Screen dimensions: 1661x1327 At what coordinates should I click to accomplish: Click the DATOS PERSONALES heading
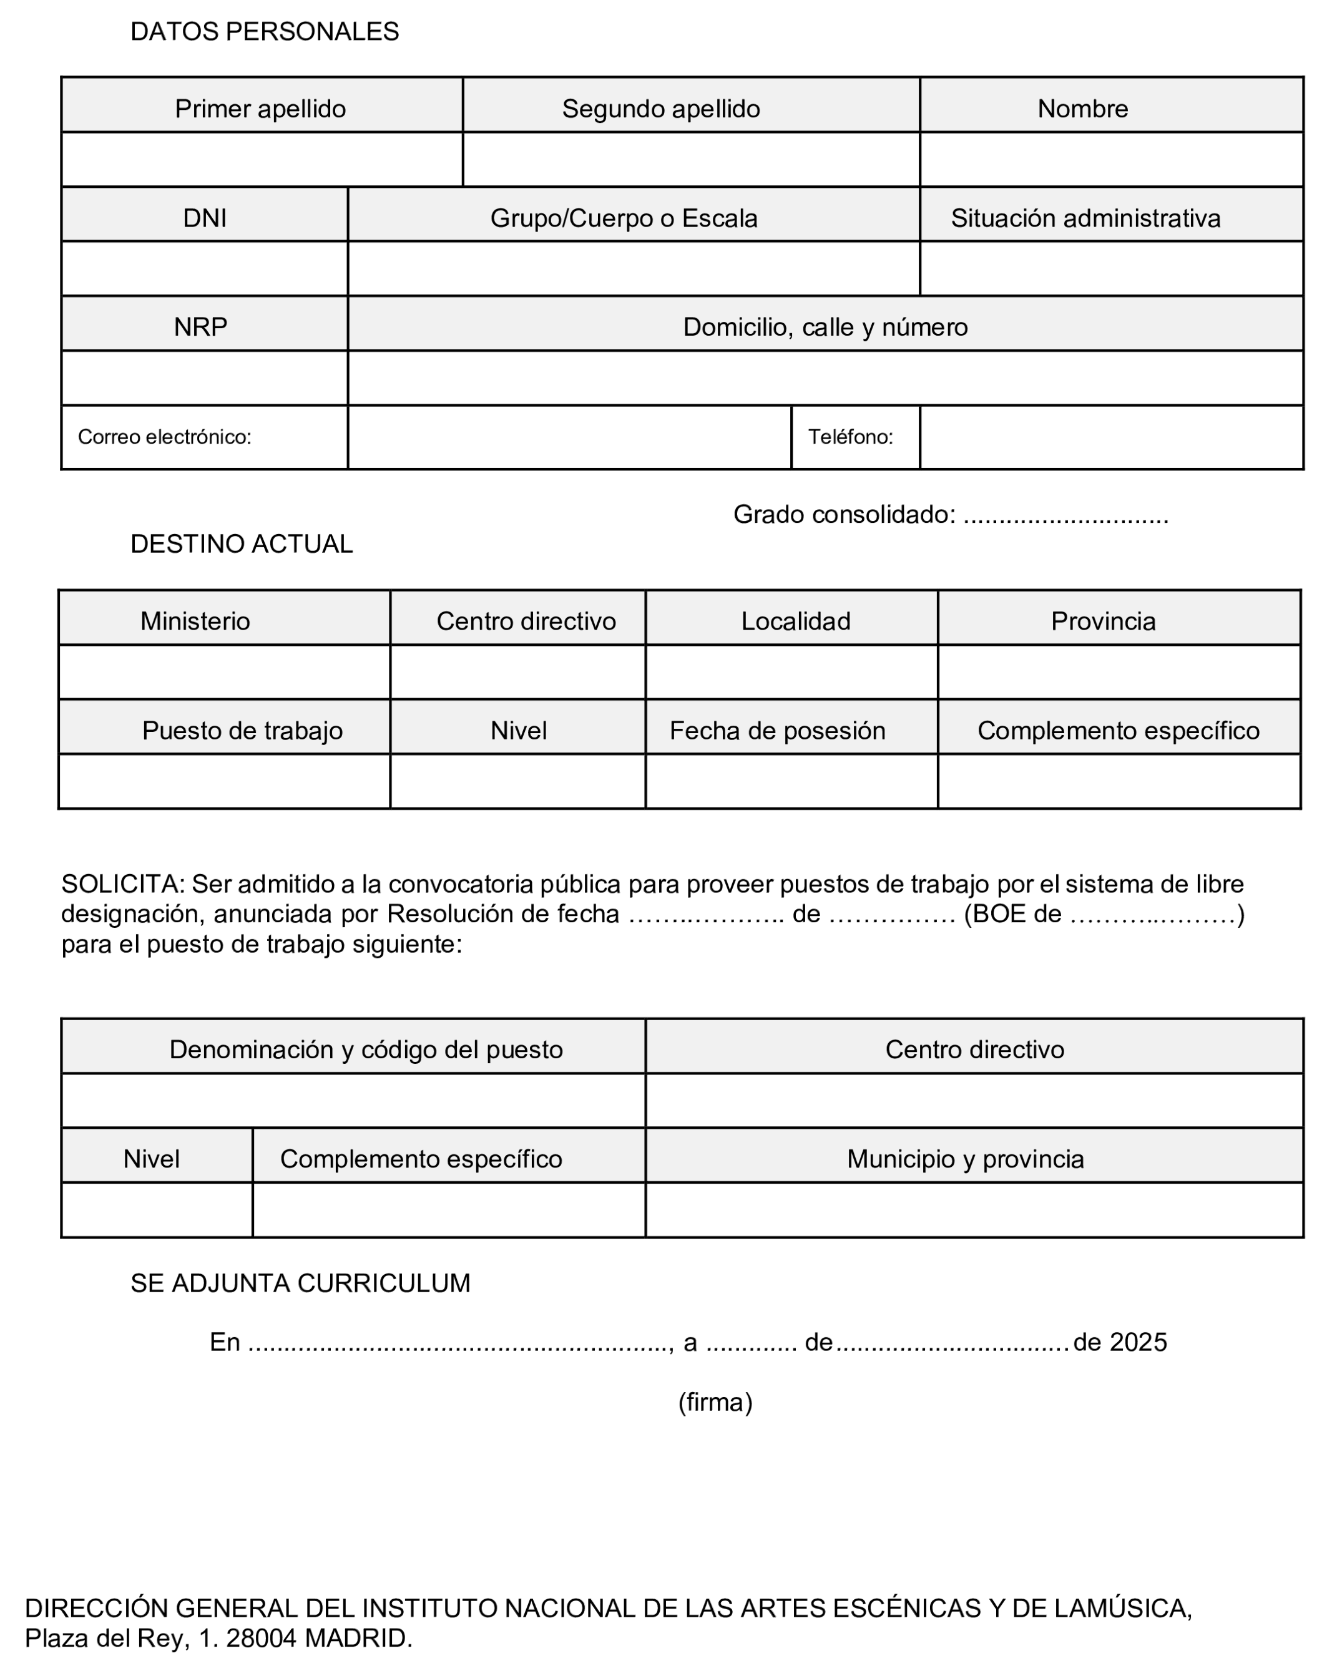click(264, 32)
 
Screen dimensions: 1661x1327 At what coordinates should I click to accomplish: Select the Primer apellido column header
click(260, 109)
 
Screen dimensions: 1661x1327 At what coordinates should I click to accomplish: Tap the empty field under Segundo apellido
click(690, 160)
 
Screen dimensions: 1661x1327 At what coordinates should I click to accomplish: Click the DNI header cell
click(204, 218)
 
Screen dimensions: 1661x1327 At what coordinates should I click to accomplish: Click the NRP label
click(200, 327)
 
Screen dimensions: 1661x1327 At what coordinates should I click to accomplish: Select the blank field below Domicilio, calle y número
click(825, 378)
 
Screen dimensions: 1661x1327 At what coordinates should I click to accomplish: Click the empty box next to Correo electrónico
click(569, 437)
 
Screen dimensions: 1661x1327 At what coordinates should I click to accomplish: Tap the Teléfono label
click(850, 437)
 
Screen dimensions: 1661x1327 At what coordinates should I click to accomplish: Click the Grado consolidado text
click(844, 514)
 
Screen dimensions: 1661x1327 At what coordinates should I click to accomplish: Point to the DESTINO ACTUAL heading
click(241, 544)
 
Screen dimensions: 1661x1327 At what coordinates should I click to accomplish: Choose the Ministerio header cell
click(195, 621)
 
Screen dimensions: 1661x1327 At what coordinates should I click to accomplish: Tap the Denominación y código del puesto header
click(366, 1050)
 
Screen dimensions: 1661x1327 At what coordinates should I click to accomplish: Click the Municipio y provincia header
click(965, 1159)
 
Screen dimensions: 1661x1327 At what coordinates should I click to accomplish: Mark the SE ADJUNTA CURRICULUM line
click(300, 1283)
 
